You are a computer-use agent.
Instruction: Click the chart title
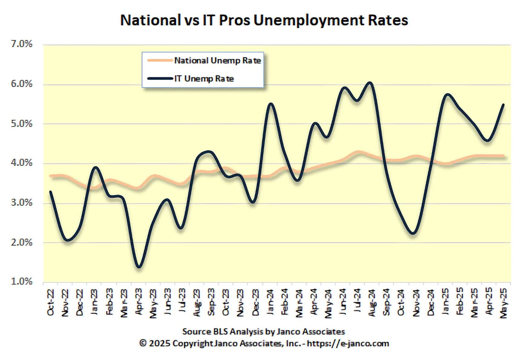[264, 21]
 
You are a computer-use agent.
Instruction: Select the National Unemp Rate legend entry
[217, 60]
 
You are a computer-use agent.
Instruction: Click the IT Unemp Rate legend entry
[204, 79]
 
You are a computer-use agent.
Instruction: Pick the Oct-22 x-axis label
[51, 302]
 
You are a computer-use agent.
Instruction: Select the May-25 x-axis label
[504, 302]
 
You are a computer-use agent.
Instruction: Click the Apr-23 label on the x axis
[138, 302]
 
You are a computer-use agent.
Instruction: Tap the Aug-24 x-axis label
[372, 302]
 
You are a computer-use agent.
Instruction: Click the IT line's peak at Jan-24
[271, 104]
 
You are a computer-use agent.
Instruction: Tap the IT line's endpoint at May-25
[503, 105]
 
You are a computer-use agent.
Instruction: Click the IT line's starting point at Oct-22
[51, 191]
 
